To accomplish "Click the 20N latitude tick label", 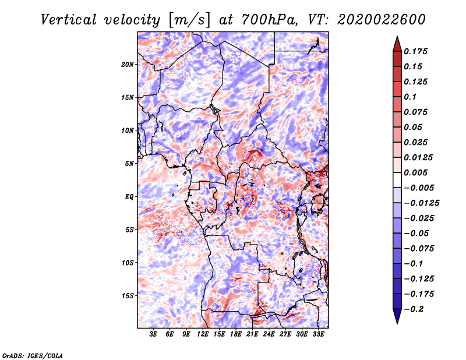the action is pos(128,65).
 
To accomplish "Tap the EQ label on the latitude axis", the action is pos(129,197).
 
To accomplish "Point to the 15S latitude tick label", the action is pos(128,296).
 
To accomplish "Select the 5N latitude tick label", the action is pos(129,164).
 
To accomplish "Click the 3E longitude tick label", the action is pos(153,334).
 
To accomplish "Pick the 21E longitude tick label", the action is pos(252,334).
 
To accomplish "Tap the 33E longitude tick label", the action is pos(318,334).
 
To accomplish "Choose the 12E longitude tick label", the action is pos(202,334).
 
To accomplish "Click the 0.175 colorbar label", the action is pos(415,51).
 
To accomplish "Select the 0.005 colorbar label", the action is pos(415,172).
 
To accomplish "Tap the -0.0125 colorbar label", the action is pos(421,203).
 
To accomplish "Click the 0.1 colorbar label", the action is pos(410,97).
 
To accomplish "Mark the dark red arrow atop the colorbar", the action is pos(397,44).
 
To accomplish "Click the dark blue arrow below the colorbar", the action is pos(397,316).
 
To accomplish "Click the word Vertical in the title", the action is pos(69,20).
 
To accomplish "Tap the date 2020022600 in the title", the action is pos(382,20).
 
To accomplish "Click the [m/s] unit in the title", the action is pos(189,20).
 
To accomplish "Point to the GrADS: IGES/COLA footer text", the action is pos(33,355).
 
